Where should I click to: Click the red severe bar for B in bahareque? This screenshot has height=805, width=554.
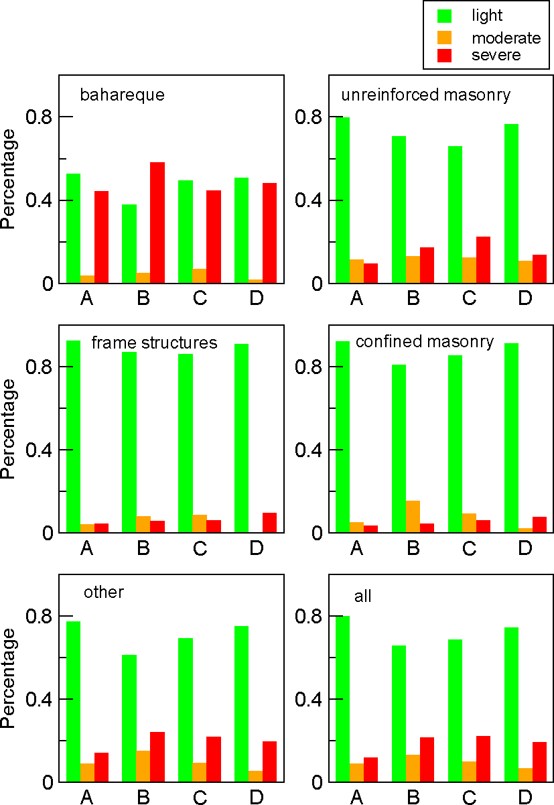pyautogui.click(x=157, y=223)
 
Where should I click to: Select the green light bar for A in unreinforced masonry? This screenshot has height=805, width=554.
pyautogui.click(x=342, y=200)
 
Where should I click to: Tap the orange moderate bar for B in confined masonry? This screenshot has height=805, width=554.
pyautogui.click(x=413, y=517)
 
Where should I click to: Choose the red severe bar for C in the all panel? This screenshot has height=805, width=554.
pyautogui.click(x=483, y=759)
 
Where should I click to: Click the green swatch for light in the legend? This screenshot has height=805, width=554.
pyautogui.click(x=444, y=15)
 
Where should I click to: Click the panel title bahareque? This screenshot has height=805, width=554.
pyautogui.click(x=122, y=95)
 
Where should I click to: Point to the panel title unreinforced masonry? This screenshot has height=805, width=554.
pyautogui.click(x=425, y=95)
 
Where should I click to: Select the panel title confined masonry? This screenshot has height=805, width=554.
pyautogui.click(x=425, y=342)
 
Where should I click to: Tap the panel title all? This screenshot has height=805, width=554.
pyautogui.click(x=362, y=596)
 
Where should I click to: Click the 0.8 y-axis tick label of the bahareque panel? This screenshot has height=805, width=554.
pyautogui.click(x=39, y=117)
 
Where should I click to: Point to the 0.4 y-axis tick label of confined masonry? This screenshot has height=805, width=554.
pyautogui.click(x=309, y=450)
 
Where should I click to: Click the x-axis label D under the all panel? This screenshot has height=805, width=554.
pyautogui.click(x=525, y=797)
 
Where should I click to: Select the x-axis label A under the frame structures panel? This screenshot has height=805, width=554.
pyautogui.click(x=86, y=548)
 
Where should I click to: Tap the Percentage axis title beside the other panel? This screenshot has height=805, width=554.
pyautogui.click(x=9, y=678)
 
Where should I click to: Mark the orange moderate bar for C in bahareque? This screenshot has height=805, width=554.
pyautogui.click(x=199, y=276)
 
